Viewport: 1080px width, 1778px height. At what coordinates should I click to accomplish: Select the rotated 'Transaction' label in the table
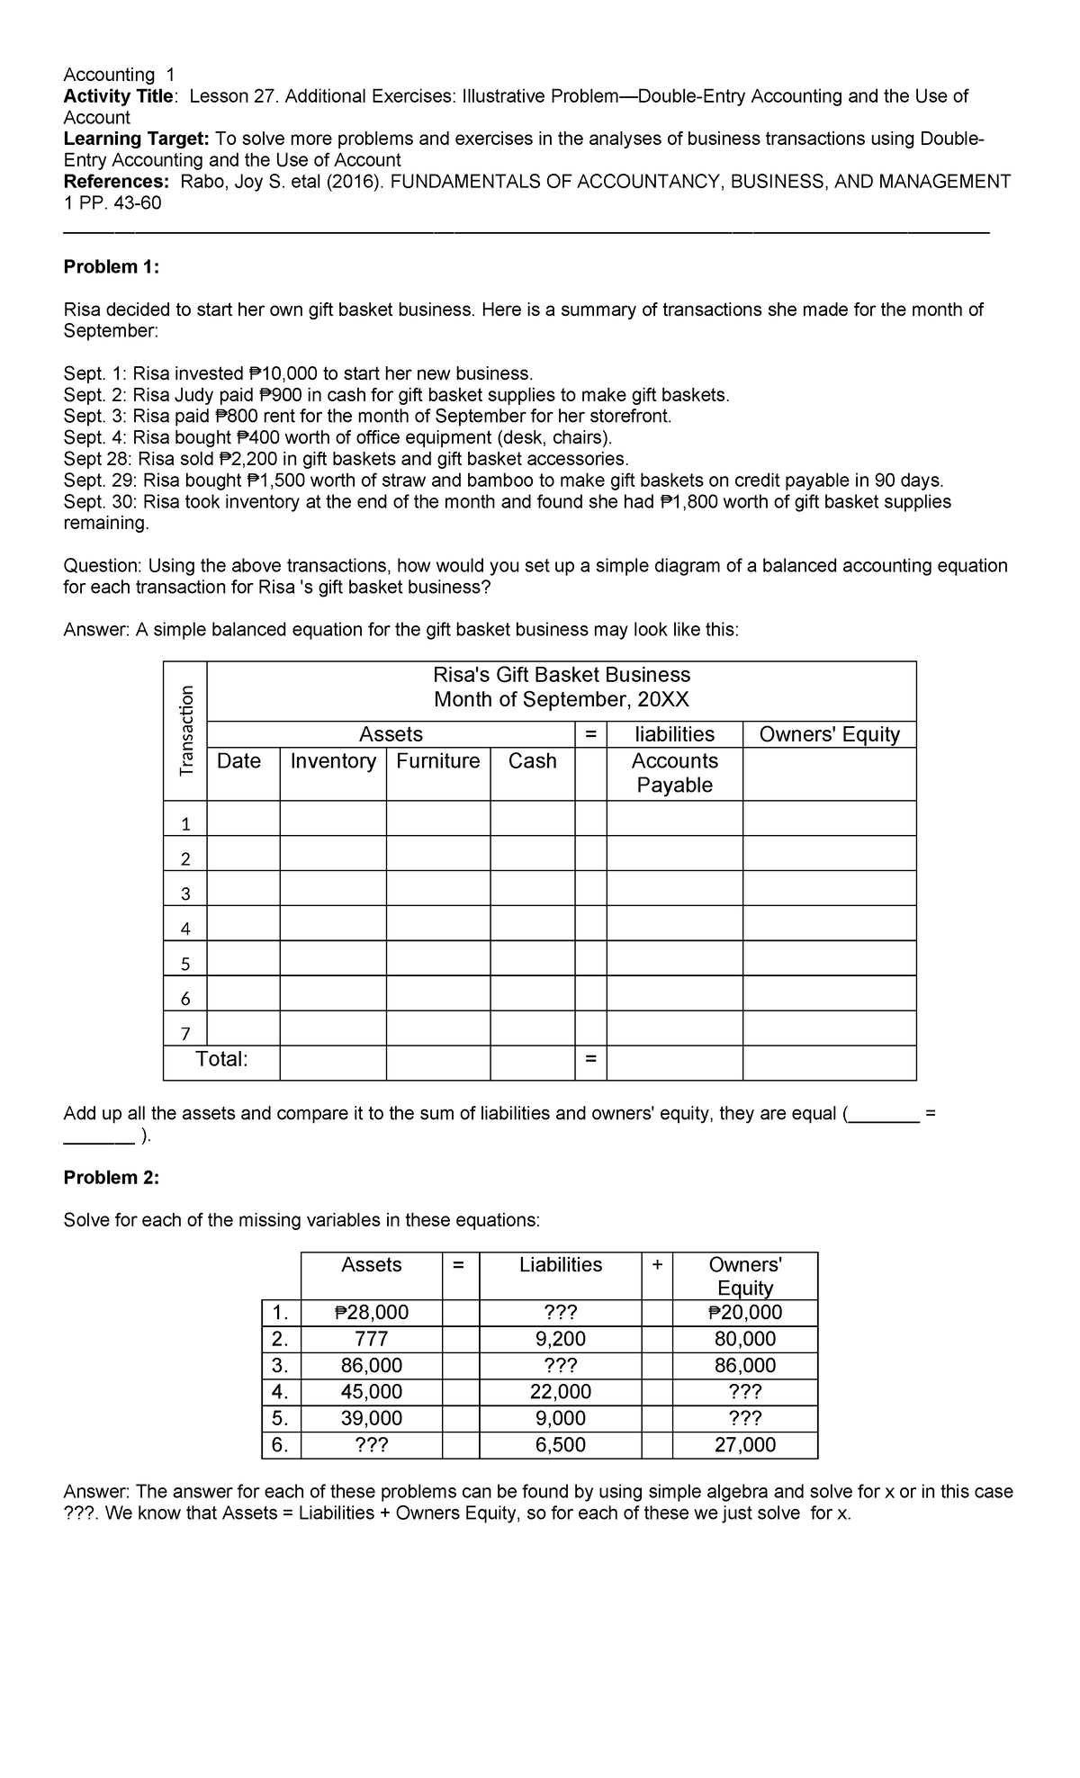(x=186, y=730)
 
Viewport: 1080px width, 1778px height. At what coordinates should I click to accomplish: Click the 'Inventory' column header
(x=333, y=761)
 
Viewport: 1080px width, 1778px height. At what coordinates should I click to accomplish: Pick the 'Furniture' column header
(x=438, y=761)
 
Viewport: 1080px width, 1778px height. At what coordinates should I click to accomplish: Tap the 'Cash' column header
(x=532, y=761)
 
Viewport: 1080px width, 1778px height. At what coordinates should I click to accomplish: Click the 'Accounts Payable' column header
(x=674, y=773)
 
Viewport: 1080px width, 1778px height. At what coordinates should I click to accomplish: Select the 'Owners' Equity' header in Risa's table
(x=829, y=734)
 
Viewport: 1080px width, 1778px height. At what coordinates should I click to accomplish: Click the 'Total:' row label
(x=221, y=1059)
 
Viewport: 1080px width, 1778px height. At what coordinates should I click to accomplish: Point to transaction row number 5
(x=185, y=964)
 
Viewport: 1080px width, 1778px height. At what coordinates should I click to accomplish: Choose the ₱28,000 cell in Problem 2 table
(x=371, y=1313)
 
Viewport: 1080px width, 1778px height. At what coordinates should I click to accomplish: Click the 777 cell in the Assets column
(x=371, y=1339)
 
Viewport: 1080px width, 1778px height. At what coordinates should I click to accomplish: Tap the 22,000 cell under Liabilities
(x=561, y=1392)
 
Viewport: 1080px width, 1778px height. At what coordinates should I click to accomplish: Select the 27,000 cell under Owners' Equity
(x=744, y=1445)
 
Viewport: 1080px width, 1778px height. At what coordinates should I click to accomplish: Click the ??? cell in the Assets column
(x=371, y=1445)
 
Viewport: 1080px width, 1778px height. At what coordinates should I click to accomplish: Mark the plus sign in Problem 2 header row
(x=657, y=1265)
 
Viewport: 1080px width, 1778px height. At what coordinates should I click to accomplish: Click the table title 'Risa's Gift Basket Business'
(x=562, y=675)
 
